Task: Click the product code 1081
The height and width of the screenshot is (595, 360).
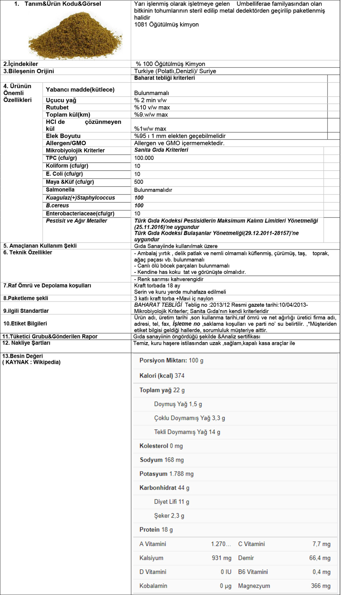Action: pos(140,25)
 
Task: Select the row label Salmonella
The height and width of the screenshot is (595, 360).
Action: pos(60,190)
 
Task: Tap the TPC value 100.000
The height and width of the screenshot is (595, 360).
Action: pos(144,158)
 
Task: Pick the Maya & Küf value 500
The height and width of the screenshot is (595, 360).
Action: pos(139,182)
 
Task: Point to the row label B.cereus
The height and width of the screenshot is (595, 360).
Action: pos(57,206)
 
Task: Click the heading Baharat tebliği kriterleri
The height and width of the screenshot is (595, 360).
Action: pos(164,78)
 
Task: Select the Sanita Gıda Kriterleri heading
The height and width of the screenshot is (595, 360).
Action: pos(161,150)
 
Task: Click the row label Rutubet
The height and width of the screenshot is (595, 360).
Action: pos(57,108)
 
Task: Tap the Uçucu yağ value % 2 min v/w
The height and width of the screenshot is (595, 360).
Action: pos(150,100)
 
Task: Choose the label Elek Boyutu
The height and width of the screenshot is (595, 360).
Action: pos(63,136)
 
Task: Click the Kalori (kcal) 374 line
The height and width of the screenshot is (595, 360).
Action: pos(162,376)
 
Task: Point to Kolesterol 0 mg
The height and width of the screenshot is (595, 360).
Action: pos(161,446)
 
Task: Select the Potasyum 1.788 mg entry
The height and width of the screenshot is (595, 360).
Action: pos(166,474)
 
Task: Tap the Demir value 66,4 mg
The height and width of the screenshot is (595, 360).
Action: pos(320,558)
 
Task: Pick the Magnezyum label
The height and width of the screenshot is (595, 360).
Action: pos(254,586)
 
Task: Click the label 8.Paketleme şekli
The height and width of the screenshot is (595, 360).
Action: pos(26,298)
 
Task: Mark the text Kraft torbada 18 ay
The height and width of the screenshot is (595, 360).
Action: pos(157,286)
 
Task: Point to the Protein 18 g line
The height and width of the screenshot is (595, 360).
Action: pos(156,530)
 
